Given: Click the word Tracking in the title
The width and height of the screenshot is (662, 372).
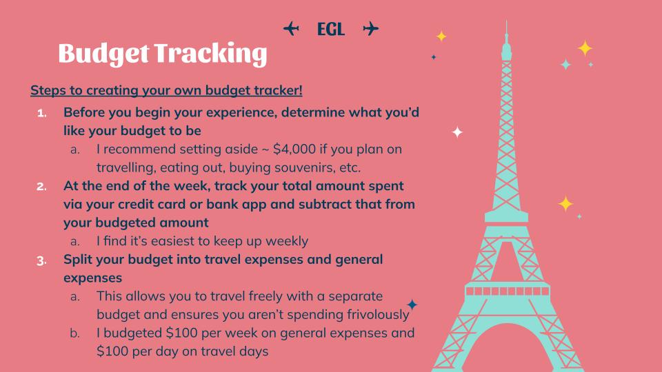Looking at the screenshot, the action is (210, 54).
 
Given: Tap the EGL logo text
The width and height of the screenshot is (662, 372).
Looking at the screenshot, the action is (330, 29).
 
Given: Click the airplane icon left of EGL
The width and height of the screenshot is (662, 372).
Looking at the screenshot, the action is (291, 29).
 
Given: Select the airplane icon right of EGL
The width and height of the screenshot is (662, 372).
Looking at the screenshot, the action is (371, 29).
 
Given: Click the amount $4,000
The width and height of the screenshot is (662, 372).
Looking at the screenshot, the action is (294, 149).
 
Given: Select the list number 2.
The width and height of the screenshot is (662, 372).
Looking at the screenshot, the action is (41, 187).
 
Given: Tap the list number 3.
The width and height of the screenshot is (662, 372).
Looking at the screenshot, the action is (41, 260).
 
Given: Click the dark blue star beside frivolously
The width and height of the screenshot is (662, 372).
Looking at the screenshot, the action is (412, 304).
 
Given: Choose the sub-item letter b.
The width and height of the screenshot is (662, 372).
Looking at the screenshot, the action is (74, 333).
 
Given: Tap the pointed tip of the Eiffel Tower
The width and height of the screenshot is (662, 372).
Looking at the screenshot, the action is (506, 21).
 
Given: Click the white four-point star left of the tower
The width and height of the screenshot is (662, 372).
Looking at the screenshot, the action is (457, 132).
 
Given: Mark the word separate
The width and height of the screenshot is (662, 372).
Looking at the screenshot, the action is (356, 296).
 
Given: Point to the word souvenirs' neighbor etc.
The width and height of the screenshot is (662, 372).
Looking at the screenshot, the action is (350, 167).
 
